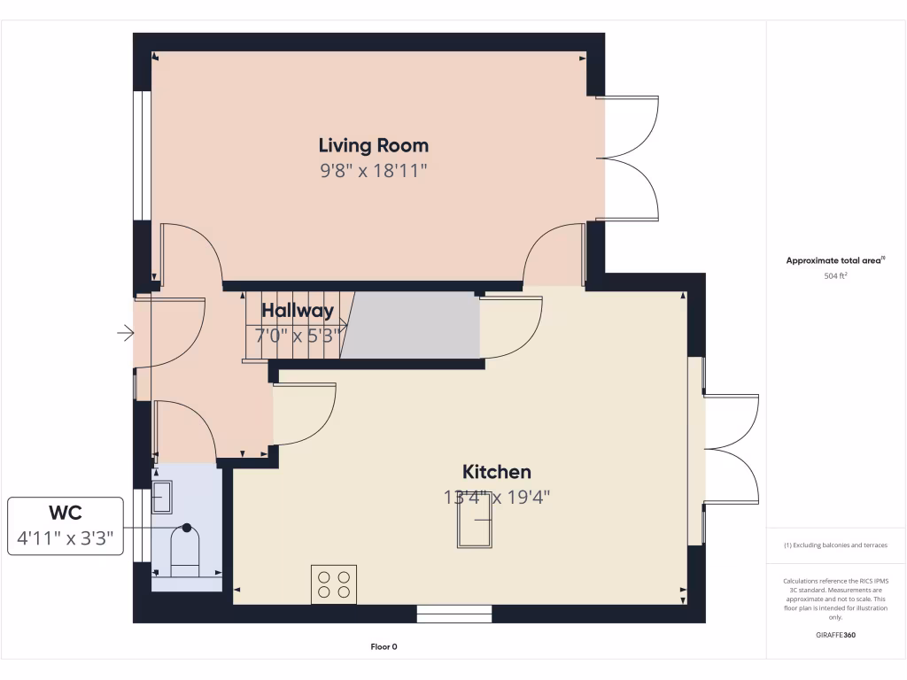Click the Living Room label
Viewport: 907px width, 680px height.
373,145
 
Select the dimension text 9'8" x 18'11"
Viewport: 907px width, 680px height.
373,170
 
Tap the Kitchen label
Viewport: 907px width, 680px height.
496,472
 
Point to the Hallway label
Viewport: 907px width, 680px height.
297,311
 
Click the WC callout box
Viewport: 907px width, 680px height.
66,526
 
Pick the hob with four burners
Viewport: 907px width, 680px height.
334,584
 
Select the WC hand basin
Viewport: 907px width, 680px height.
162,498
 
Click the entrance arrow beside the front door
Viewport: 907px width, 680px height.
125,334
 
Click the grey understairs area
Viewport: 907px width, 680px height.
412,327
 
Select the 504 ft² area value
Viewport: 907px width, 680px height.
835,276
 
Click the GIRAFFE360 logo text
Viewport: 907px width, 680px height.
835,635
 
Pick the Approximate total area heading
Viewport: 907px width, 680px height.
835,260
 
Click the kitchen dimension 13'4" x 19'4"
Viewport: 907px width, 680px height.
497,498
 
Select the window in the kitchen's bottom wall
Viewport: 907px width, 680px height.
453,614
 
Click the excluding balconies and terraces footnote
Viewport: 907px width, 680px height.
835,545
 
